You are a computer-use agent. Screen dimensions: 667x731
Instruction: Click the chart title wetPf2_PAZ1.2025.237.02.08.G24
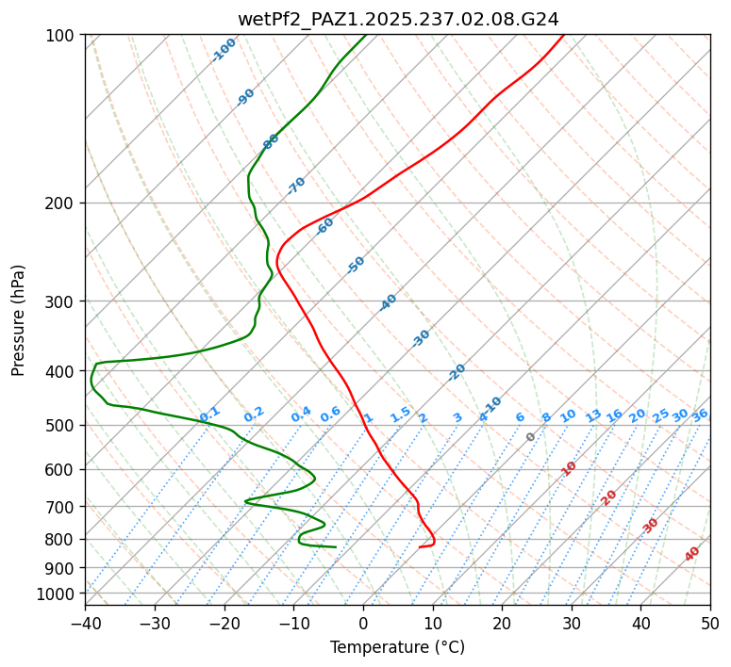click(x=397, y=19)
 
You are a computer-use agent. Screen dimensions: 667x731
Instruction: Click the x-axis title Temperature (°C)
click(x=397, y=647)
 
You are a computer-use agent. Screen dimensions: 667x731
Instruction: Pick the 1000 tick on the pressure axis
click(x=58, y=594)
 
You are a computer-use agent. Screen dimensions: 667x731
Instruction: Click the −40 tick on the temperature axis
click(x=85, y=623)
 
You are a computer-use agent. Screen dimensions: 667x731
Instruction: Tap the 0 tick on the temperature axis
click(x=363, y=623)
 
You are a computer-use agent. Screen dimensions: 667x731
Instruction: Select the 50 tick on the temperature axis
click(x=710, y=623)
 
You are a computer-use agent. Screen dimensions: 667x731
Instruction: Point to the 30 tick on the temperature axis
click(x=572, y=623)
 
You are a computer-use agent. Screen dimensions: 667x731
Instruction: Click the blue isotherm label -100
click(x=224, y=49)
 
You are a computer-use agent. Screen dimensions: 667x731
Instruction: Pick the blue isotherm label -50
click(x=356, y=265)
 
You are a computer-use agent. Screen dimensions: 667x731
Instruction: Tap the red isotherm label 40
click(x=692, y=554)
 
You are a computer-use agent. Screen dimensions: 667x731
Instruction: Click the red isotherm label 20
click(x=609, y=496)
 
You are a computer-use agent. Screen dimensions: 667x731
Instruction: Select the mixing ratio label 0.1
click(x=210, y=414)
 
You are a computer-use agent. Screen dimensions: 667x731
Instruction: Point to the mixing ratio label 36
click(x=700, y=415)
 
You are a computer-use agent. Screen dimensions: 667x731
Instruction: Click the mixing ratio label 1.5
click(x=401, y=414)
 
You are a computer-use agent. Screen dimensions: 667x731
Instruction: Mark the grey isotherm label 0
click(x=531, y=437)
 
